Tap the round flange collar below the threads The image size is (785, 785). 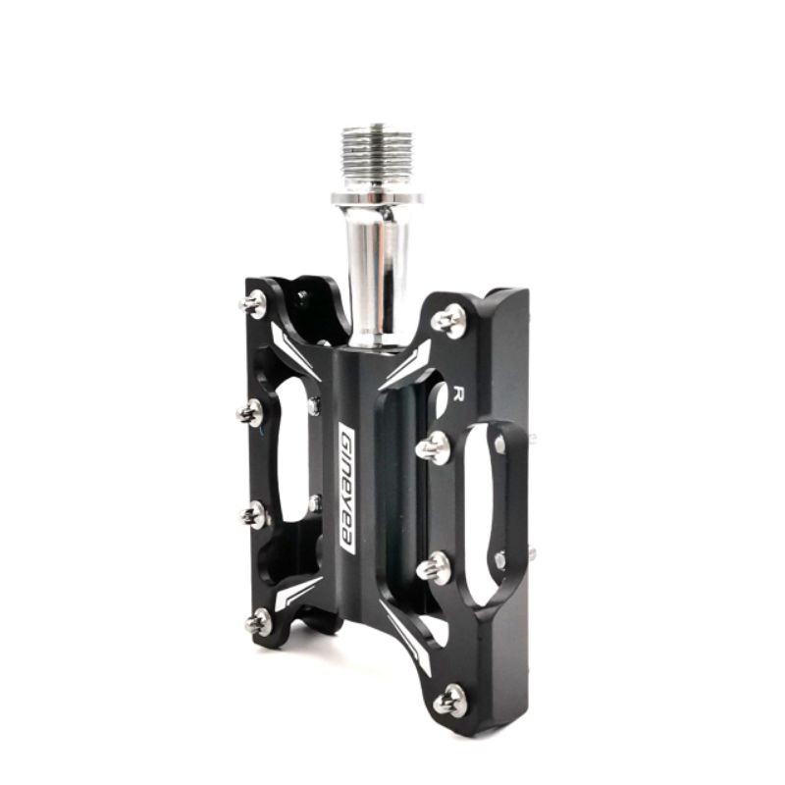coord(377,198)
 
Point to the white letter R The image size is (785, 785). coord(457,394)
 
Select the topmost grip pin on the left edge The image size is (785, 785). coord(254,303)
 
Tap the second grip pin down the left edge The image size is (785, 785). coord(250,412)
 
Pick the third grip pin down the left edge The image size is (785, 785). coord(253,514)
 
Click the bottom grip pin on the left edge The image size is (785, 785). coord(258,622)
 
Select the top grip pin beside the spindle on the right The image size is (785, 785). coord(449,320)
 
